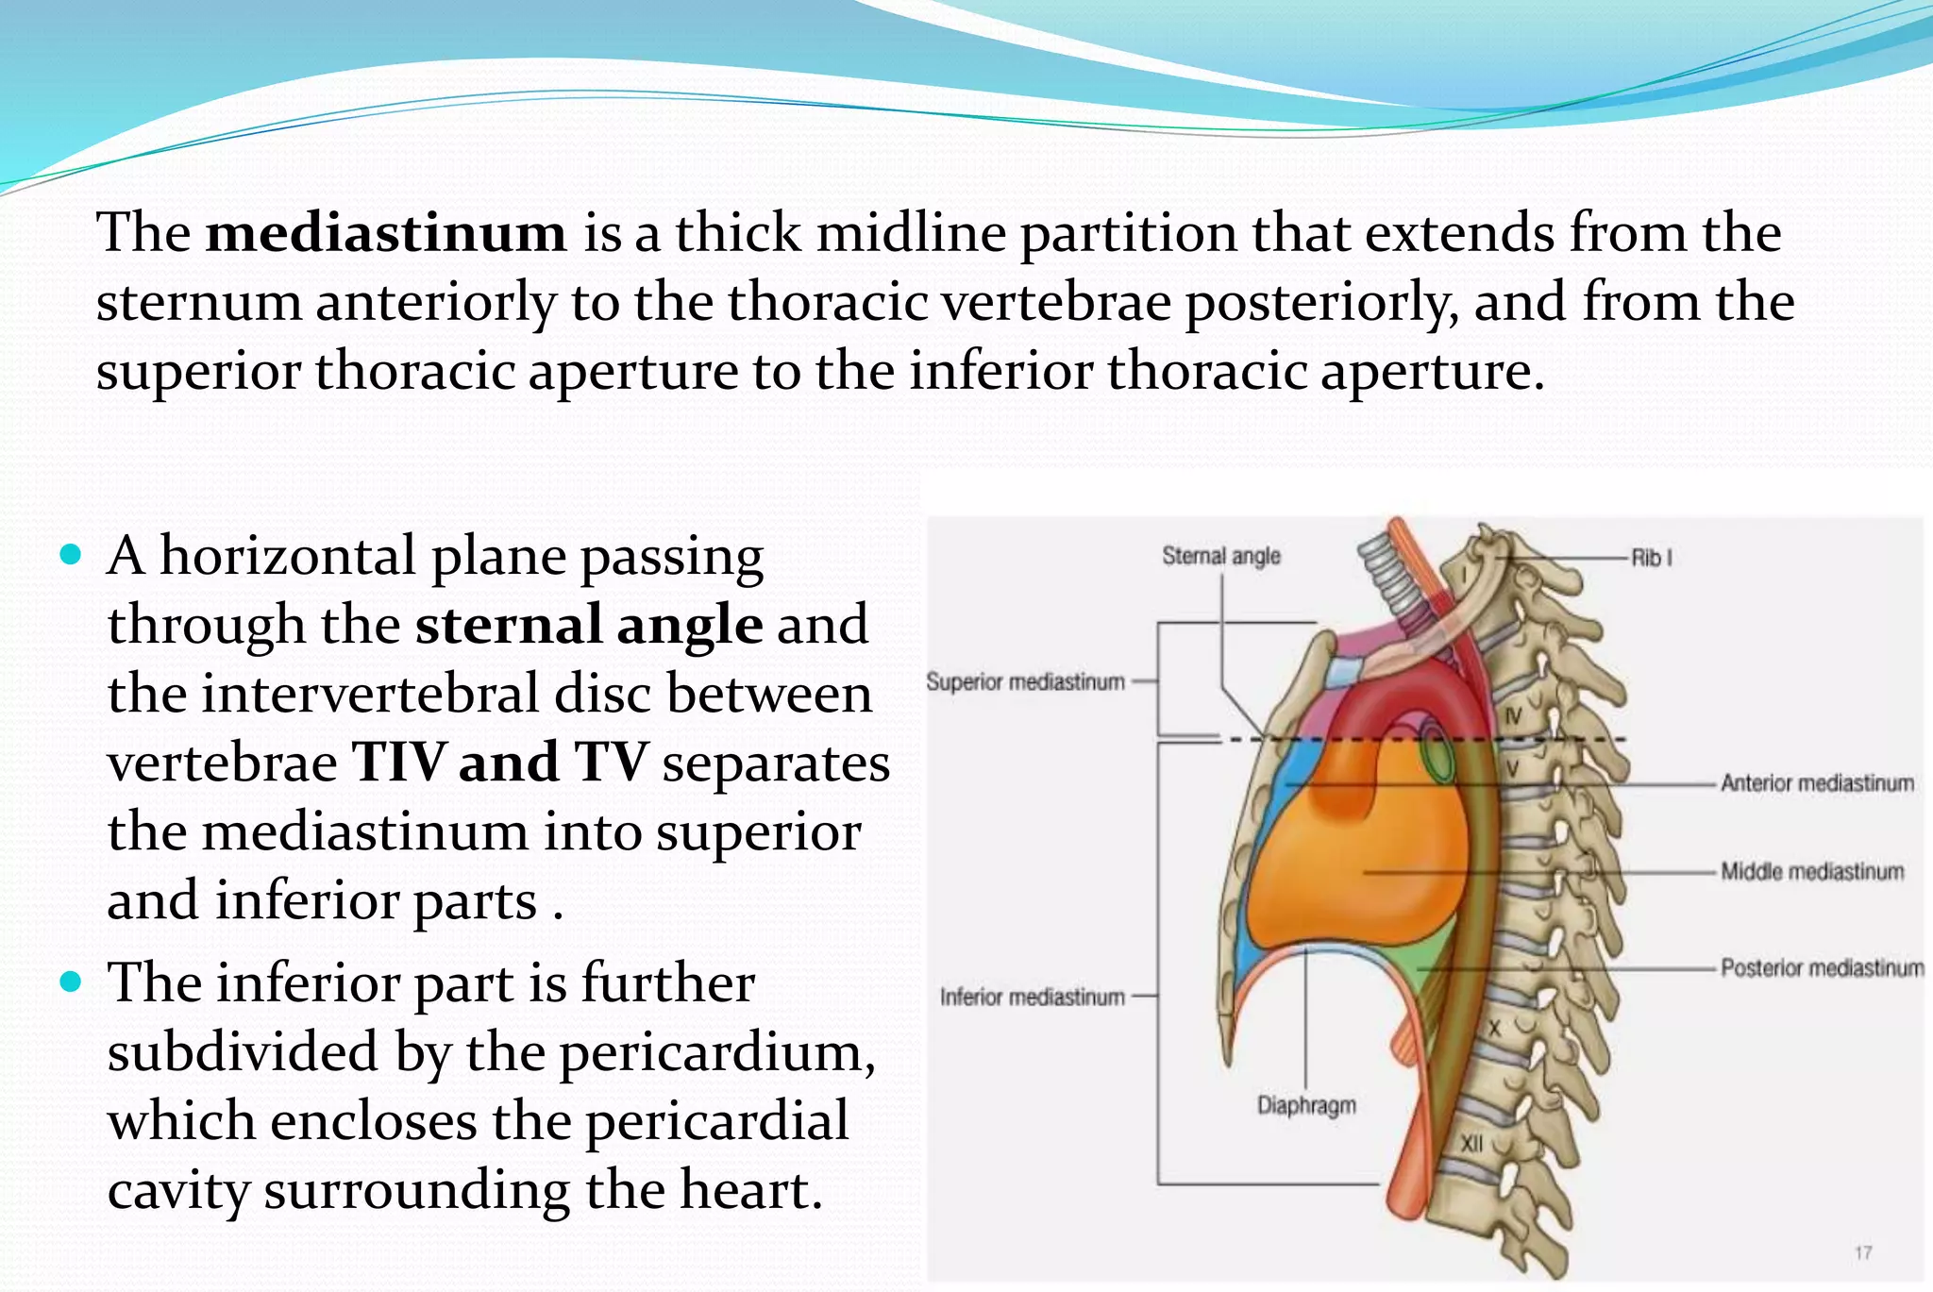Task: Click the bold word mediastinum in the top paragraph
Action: point(386,232)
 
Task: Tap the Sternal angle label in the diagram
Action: point(1220,556)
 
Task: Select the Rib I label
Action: point(1651,558)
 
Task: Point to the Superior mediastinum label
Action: point(1025,681)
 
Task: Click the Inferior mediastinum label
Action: point(1032,997)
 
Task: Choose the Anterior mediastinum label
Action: point(1817,782)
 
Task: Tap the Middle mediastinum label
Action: point(1812,871)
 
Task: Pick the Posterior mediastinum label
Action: point(1822,967)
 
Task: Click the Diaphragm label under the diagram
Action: point(1306,1105)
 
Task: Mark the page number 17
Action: point(1863,1252)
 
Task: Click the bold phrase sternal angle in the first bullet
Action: point(589,625)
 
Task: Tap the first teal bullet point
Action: point(71,554)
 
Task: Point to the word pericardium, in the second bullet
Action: point(717,1051)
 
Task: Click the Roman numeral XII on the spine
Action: point(1471,1144)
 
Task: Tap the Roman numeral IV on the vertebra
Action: point(1512,716)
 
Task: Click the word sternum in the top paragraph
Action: point(198,302)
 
